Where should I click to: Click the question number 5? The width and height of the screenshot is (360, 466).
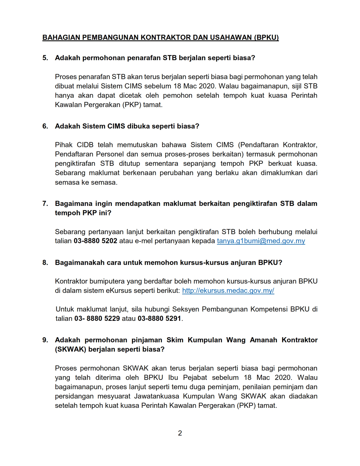point(45,58)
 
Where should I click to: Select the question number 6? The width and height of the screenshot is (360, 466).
point(45,126)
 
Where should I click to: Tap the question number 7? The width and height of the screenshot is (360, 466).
point(45,204)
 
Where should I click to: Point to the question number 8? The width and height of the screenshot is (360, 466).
point(45,263)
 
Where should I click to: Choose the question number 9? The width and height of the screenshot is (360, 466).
point(45,340)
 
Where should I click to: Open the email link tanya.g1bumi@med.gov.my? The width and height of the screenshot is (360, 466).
point(261,241)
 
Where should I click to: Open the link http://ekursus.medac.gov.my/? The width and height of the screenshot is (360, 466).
point(228,291)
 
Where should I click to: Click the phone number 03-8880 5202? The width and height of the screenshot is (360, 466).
point(95,241)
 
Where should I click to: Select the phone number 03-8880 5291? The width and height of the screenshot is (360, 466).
point(159,319)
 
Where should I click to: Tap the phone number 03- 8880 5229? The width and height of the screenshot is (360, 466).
point(97,319)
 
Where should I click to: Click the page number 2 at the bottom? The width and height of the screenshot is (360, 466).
point(180,433)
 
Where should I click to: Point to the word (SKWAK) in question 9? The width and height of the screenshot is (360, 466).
point(71,349)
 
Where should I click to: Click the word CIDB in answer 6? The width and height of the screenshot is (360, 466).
point(85,145)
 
